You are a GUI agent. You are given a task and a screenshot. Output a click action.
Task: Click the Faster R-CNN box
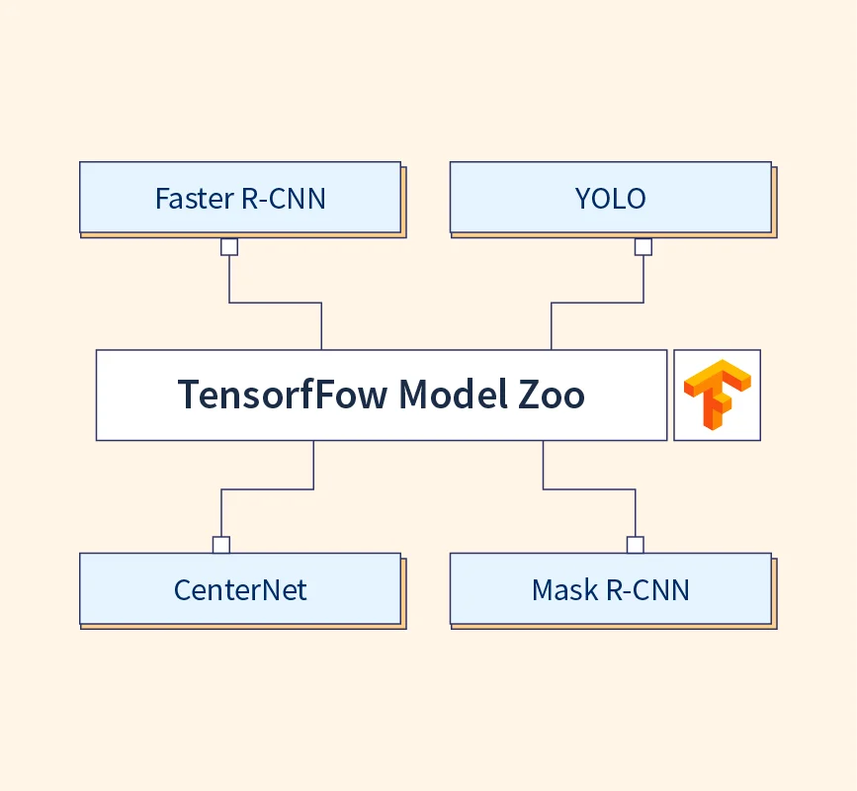[240, 197]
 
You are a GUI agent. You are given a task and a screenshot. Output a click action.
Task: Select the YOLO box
[610, 197]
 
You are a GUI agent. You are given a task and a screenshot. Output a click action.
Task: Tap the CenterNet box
[240, 588]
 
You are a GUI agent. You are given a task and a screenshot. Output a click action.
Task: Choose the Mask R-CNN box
[610, 588]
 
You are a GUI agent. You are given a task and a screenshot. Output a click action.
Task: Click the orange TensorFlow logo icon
[717, 395]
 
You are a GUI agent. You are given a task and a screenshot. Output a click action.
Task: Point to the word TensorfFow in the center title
[282, 395]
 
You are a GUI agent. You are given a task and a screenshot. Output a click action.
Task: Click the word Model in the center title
[451, 395]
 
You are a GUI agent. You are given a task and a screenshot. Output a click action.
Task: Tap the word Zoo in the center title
[551, 395]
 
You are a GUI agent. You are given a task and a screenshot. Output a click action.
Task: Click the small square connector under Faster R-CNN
[229, 247]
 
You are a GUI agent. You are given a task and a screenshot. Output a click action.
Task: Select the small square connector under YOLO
[643, 247]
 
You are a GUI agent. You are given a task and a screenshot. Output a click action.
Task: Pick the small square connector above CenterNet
[221, 545]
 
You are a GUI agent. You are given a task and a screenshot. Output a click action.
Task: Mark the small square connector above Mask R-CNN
[636, 545]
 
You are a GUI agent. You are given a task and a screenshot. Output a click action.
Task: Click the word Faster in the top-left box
[194, 199]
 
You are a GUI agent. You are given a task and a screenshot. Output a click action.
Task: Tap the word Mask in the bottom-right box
[564, 590]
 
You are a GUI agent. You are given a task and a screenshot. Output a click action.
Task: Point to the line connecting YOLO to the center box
[597, 303]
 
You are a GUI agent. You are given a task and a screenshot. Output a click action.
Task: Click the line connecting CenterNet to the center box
[267, 488]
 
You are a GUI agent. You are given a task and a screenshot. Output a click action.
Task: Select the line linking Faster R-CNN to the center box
[275, 303]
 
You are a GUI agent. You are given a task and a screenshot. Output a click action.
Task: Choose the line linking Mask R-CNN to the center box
[589, 488]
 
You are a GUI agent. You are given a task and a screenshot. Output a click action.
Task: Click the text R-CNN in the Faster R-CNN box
[283, 199]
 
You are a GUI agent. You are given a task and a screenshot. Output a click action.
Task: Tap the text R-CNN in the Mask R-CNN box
[647, 590]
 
